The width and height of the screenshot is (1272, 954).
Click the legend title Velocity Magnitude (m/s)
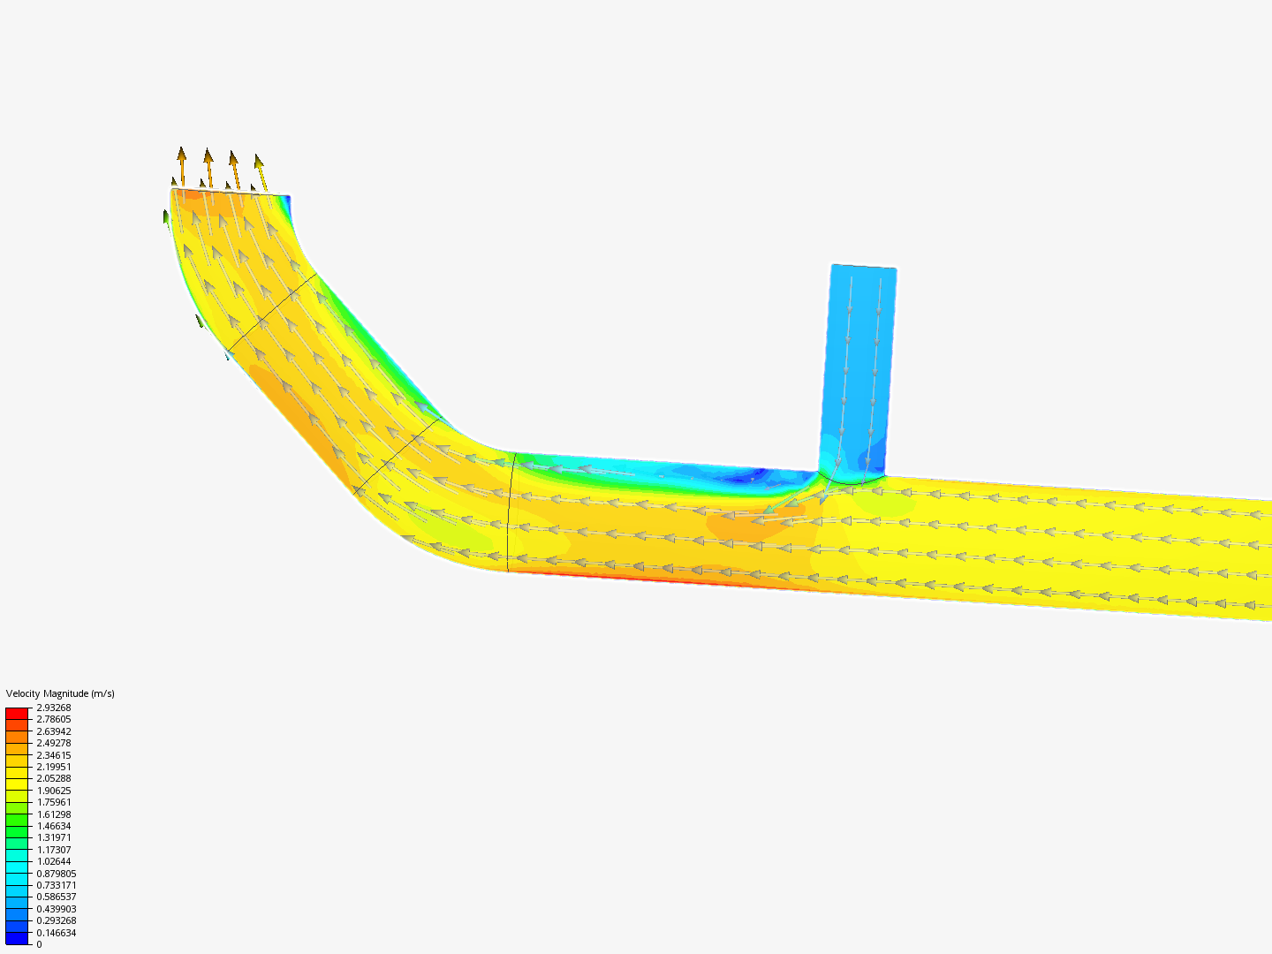tap(60, 693)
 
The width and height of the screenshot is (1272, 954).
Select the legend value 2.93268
tap(53, 708)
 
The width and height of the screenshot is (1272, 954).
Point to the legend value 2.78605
tap(53, 719)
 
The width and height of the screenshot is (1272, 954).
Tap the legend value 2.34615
tap(53, 754)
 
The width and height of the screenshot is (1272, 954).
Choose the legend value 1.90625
tap(53, 791)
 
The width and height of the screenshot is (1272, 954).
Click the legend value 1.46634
tap(53, 826)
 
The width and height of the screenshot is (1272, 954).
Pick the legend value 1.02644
tap(53, 861)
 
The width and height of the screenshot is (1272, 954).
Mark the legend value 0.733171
tap(56, 885)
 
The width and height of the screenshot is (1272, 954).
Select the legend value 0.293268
tap(56, 920)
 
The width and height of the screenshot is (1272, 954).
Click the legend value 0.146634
tap(56, 933)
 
